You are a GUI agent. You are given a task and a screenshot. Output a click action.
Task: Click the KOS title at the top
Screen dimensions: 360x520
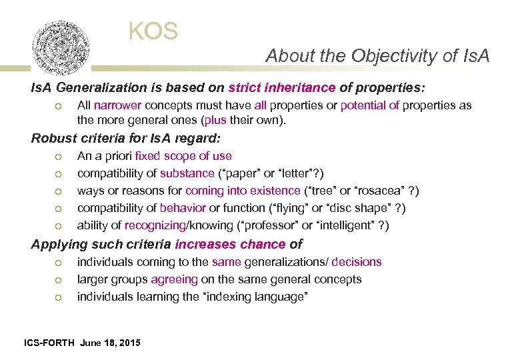(153, 31)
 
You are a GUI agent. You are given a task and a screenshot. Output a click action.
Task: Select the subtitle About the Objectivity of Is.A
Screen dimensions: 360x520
(377, 56)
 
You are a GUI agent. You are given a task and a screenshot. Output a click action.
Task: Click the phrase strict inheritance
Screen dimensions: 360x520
(281, 87)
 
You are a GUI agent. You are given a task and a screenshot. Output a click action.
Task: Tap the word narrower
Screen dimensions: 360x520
(117, 105)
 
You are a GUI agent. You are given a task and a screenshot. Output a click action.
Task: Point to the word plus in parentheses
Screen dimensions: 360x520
(217, 120)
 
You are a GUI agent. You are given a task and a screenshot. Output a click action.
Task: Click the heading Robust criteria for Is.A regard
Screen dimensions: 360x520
(126, 139)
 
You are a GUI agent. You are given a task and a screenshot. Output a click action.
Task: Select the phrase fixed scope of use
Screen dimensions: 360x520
(183, 156)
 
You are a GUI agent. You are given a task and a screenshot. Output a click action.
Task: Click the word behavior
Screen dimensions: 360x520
(183, 208)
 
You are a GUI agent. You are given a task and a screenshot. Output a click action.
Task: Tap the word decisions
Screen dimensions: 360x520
(357, 262)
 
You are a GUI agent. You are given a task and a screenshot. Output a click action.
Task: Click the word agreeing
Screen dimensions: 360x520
(174, 279)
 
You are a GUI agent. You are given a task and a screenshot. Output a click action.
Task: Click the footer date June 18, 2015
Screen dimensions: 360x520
(110, 343)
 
